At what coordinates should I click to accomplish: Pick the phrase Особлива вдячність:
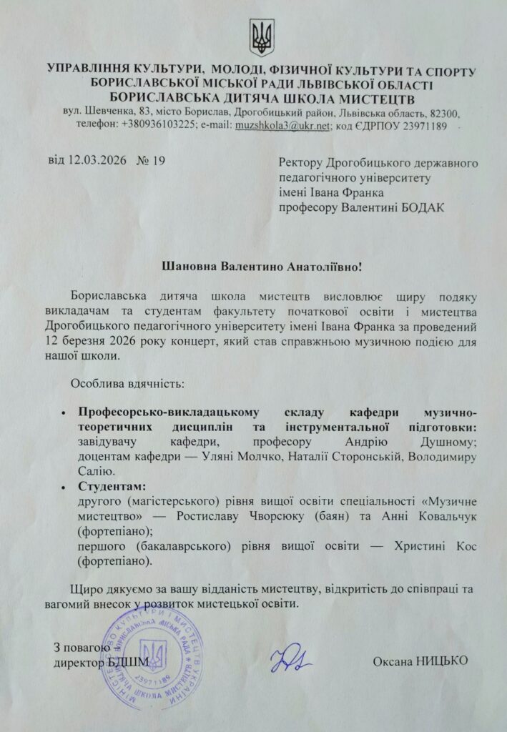[x=127, y=383]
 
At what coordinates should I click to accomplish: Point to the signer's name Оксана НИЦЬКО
[x=420, y=661]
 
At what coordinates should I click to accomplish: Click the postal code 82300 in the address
[x=443, y=114]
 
